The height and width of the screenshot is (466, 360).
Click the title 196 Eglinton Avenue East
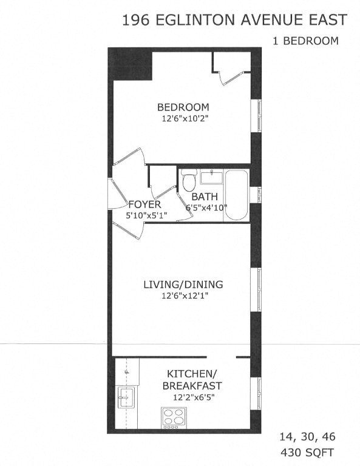tap(235, 21)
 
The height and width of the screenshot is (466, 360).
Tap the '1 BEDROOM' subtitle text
tap(305, 41)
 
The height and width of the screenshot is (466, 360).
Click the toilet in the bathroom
tap(189, 180)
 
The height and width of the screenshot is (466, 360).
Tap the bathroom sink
tap(211, 177)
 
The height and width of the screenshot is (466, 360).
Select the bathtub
tap(237, 195)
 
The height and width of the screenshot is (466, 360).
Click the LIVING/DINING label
tap(183, 284)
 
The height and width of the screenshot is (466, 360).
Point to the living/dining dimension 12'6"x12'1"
tap(183, 296)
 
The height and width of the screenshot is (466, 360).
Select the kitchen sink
tap(127, 398)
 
